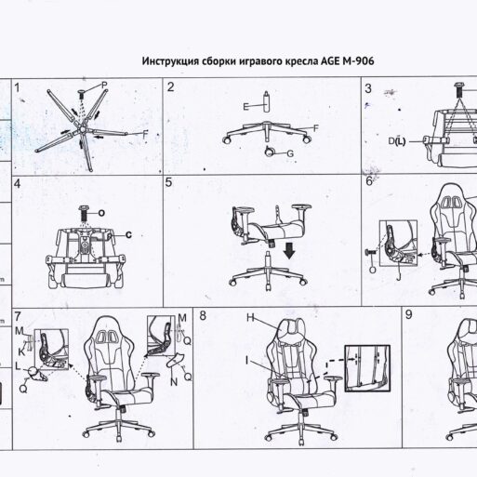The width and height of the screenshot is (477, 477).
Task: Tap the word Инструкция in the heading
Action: coord(167,61)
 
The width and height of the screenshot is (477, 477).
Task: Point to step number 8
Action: coord(204,317)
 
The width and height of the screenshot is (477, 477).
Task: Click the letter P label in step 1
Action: coord(104,85)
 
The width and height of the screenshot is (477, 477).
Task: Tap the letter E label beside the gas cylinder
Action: coord(245,108)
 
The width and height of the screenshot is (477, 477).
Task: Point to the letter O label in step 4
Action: coord(100,213)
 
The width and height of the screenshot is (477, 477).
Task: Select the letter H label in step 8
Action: coord(250,317)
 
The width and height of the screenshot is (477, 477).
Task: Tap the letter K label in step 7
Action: coord(21,353)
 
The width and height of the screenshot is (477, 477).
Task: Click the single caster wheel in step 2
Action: coord(271,151)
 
